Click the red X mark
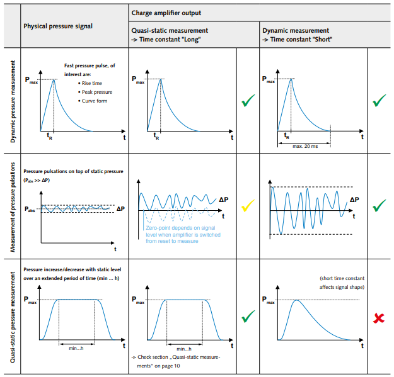[x=379, y=318]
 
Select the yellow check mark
[x=248, y=206]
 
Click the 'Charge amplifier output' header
[x=166, y=13]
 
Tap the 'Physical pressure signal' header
[x=58, y=26]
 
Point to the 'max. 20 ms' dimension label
[x=305, y=146]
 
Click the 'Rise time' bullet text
[x=91, y=83]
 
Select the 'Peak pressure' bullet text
[x=97, y=92]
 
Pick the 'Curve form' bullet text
[x=95, y=101]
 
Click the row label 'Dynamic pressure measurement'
[x=13, y=101]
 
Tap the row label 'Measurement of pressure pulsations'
[x=13, y=207]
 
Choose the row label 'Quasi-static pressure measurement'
[x=13, y=317]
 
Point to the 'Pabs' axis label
[x=30, y=209]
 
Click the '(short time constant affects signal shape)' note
[x=342, y=283]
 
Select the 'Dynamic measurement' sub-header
[x=296, y=31]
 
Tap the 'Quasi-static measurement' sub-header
[x=170, y=31]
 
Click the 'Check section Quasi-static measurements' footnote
[x=176, y=361]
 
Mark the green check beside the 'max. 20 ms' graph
[x=379, y=101]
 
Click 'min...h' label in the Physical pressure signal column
[x=76, y=349]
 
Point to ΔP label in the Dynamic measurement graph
[x=354, y=200]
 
